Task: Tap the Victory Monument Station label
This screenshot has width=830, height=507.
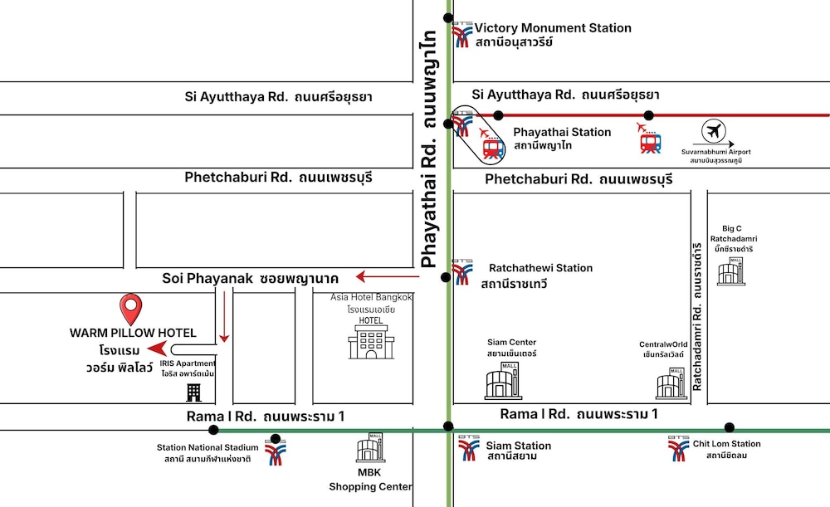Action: tap(553, 28)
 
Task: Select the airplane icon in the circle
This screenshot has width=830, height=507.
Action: tap(713, 131)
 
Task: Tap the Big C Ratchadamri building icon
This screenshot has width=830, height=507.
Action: tap(731, 271)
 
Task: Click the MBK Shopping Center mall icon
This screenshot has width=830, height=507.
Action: tap(370, 448)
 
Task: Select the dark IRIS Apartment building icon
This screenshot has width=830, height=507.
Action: tap(193, 392)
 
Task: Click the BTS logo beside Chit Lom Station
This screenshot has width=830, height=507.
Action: tap(678, 448)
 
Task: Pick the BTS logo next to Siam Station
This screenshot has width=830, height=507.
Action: tap(468, 449)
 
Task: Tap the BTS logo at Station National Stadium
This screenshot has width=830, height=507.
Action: tap(275, 452)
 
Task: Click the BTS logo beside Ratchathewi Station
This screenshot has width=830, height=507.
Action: tap(462, 272)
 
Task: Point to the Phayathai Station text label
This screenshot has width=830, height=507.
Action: tap(562, 132)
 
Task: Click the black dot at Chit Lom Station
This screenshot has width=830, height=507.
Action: tap(729, 428)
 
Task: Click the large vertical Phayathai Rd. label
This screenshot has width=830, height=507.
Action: tap(429, 149)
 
